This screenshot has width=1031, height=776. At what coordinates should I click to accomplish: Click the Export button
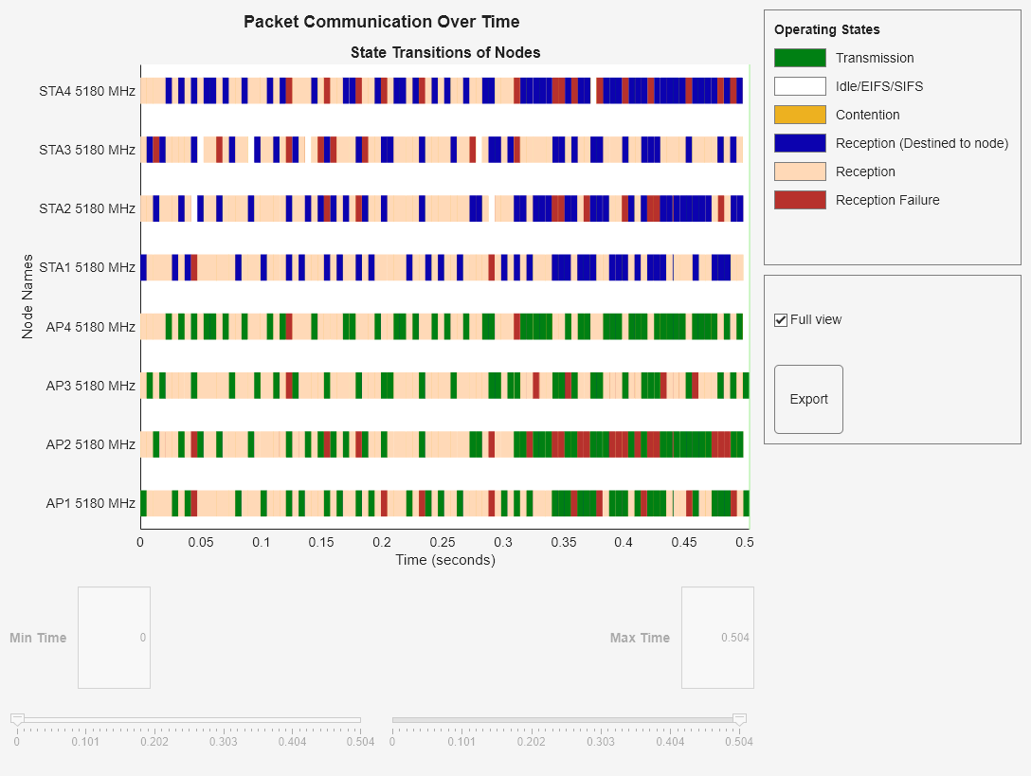tap(808, 399)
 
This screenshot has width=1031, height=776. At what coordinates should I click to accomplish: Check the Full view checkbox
tap(781, 320)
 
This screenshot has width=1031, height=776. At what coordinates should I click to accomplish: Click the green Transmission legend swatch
tap(800, 58)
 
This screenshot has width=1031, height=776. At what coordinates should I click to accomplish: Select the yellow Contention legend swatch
tap(800, 115)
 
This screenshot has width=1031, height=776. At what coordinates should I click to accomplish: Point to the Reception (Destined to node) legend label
tap(921, 143)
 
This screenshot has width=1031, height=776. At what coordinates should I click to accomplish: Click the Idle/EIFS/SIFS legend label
tap(878, 86)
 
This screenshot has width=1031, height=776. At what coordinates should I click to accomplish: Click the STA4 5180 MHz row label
tap(87, 92)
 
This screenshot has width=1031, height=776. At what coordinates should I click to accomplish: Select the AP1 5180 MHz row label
tap(90, 503)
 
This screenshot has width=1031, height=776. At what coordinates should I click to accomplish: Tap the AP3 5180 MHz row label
tap(90, 386)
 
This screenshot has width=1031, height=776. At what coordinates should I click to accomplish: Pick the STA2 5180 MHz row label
tap(87, 208)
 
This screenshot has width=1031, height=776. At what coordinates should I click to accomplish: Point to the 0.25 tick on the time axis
tap(443, 543)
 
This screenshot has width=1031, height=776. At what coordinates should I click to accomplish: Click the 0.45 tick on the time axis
tap(684, 543)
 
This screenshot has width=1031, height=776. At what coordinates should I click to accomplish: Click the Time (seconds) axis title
tap(444, 560)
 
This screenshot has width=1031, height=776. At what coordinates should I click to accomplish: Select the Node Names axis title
tap(27, 297)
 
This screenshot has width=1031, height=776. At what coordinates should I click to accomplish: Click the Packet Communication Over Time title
tap(381, 22)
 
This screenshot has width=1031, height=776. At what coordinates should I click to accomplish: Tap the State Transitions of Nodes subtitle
tap(444, 52)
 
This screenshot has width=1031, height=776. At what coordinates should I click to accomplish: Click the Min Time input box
tap(114, 638)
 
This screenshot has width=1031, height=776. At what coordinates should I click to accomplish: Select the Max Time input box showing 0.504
tap(717, 638)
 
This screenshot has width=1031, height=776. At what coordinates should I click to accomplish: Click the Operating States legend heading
tap(826, 29)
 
